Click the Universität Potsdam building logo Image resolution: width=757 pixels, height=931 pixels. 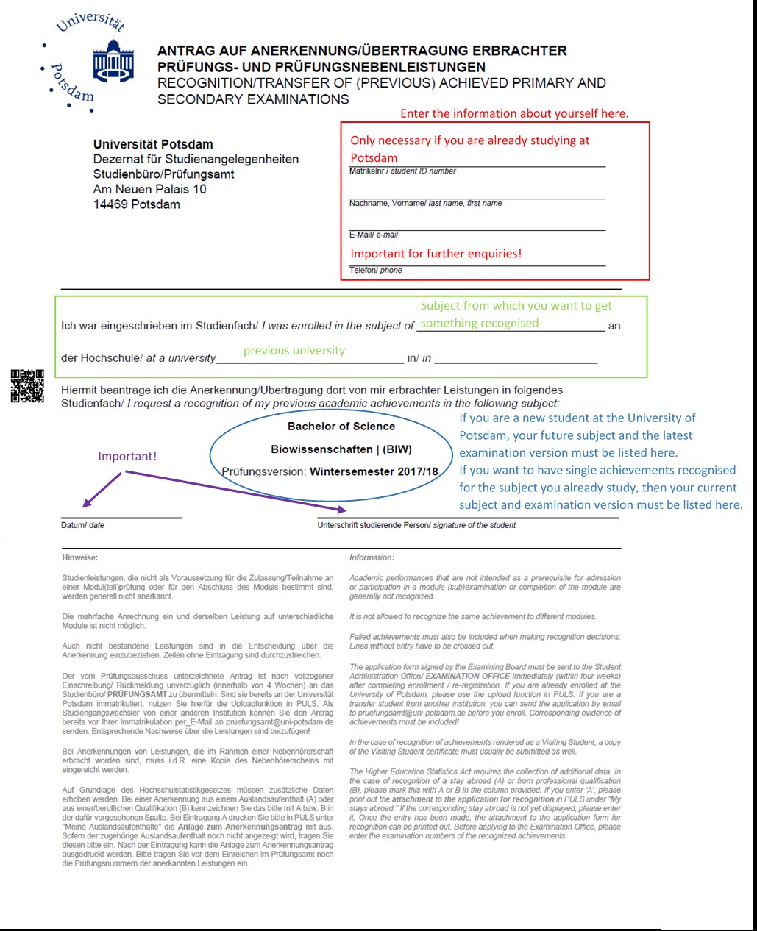click(x=113, y=62)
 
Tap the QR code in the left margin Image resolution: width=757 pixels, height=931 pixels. click(x=27, y=386)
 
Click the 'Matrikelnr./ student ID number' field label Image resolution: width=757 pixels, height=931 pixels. click(x=402, y=171)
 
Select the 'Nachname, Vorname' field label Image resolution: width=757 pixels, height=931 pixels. click(x=425, y=203)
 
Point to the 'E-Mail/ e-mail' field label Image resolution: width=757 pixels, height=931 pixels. click(x=373, y=235)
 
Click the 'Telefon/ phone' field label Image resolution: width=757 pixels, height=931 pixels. click(x=375, y=271)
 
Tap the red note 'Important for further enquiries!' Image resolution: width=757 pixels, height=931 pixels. click(x=436, y=254)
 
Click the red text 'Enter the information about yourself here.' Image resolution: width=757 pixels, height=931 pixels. click(x=514, y=113)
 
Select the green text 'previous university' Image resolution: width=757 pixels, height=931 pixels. click(x=294, y=351)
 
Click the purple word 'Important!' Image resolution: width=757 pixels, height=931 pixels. click(x=127, y=456)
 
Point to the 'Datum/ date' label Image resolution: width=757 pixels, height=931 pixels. click(x=82, y=525)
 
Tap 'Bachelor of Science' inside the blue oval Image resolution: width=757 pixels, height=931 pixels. click(x=341, y=427)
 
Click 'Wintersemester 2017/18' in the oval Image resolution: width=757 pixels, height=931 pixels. click(x=374, y=471)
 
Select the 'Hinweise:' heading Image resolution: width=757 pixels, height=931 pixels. click(x=79, y=557)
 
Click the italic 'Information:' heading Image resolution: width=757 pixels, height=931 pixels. click(x=372, y=557)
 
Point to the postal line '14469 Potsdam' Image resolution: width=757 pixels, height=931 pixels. click(x=136, y=204)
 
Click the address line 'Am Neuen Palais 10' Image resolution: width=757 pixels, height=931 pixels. click(x=149, y=189)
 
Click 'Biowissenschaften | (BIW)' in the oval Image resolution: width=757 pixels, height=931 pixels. click(x=341, y=449)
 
